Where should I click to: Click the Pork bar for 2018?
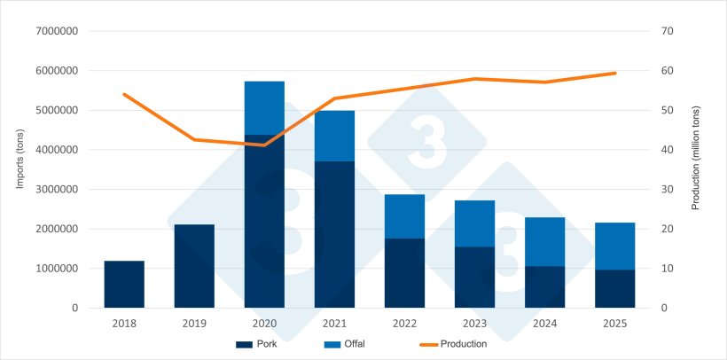coord(124,284)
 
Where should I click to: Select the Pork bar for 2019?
coord(194,266)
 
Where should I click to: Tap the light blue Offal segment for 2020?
coord(264,107)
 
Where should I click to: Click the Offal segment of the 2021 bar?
coord(334,136)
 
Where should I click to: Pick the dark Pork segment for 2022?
coord(404,273)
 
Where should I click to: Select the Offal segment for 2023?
coord(474,223)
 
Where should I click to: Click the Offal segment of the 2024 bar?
coord(544,241)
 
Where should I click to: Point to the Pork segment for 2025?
coord(614,288)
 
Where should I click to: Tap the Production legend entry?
coord(452,344)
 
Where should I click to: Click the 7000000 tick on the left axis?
coord(57,31)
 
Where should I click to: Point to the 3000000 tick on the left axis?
coord(57,189)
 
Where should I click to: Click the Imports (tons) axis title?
coord(19,169)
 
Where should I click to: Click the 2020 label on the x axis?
coord(264,324)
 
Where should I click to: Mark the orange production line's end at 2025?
coord(614,73)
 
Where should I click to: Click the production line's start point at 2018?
coord(124,94)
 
